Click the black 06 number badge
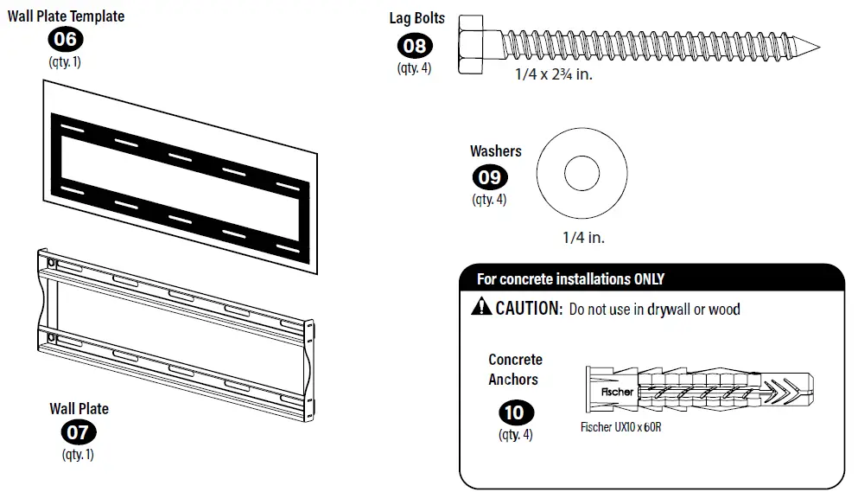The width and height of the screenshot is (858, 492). tap(66, 39)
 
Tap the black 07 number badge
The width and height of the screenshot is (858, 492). tap(79, 431)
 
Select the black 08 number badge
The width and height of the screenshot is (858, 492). tap(415, 45)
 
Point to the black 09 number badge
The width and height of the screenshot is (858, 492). tap(489, 177)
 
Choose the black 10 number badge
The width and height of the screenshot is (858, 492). tap(515, 412)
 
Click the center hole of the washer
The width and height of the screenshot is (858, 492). tap(582, 176)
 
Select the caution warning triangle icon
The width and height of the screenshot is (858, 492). tap(481, 308)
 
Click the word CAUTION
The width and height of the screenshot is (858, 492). tap(528, 309)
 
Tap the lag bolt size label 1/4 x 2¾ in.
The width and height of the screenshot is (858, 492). tap(553, 75)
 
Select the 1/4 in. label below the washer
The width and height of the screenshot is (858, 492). tap(583, 236)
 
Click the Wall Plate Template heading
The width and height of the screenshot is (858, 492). tap(67, 16)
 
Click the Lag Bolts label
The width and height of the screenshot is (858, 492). tap(416, 18)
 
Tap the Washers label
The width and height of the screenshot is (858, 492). tap(496, 151)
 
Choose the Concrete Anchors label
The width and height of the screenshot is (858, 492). tap(515, 369)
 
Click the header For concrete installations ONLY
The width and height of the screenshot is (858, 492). tap(570, 279)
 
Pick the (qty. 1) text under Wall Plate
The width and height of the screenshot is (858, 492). tap(78, 454)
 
